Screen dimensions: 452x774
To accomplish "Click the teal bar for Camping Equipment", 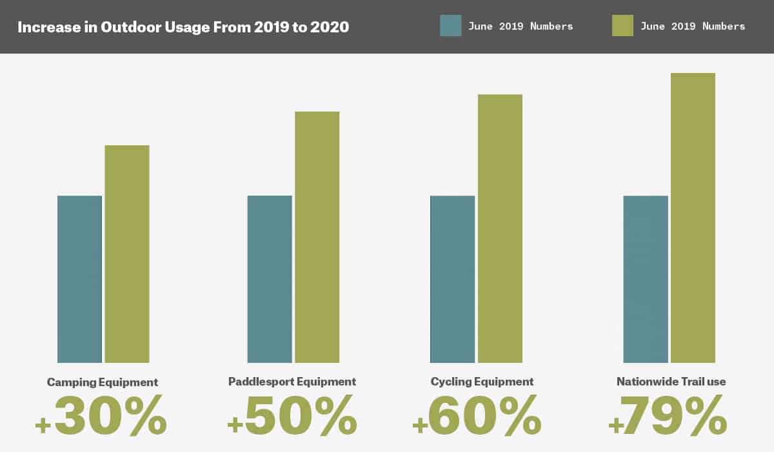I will [79, 279].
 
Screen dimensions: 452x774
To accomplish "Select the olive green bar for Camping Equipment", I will [127, 254].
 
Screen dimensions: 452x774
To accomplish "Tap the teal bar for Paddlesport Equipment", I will [270, 279].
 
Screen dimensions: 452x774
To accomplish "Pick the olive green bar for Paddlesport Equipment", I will [317, 237].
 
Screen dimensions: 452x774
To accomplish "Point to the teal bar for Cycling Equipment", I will [452, 279].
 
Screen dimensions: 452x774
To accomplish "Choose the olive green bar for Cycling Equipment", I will [500, 229].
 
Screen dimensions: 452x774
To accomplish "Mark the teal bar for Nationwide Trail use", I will [646, 279].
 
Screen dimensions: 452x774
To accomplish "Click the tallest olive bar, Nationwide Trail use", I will [693, 218].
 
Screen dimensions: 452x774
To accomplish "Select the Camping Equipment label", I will [103, 382].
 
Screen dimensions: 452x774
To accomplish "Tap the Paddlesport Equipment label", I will [292, 382].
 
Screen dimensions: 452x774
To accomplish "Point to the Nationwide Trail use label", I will [671, 382].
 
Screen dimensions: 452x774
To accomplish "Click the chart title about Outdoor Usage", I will [183, 28].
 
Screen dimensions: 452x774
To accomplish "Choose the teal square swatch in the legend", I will [450, 26].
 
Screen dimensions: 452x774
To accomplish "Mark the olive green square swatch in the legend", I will [622, 26].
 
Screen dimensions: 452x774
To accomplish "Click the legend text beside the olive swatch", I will [693, 26].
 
